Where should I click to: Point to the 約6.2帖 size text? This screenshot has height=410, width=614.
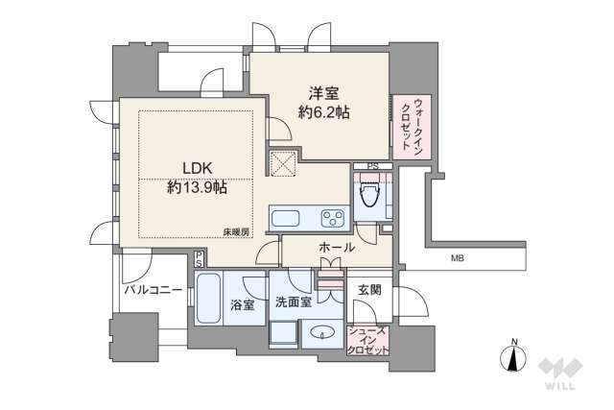[322, 112]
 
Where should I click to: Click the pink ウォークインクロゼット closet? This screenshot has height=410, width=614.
[412, 128]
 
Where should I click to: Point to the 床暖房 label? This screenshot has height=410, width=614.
[238, 232]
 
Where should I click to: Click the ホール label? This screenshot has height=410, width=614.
[336, 248]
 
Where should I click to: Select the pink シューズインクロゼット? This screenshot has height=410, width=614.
[368, 340]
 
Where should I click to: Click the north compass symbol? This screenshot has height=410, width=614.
[515, 358]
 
